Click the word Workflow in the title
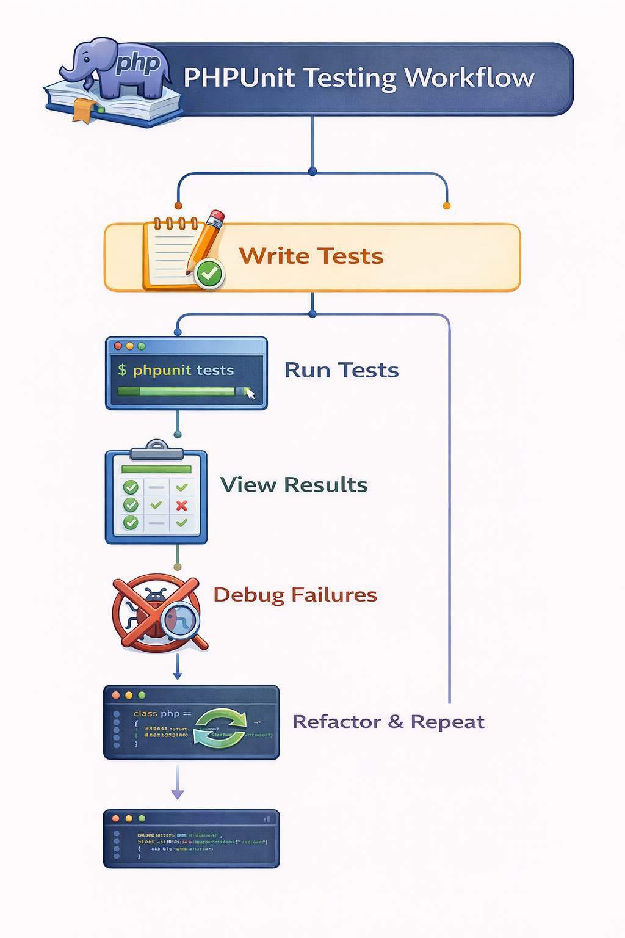(x=469, y=78)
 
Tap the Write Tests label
(x=311, y=256)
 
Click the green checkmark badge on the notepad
(x=210, y=274)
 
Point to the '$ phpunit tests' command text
(x=176, y=370)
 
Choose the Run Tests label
(x=341, y=370)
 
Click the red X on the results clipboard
(x=181, y=505)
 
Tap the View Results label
(x=294, y=485)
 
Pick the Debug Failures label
(x=295, y=595)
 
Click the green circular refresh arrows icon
(x=220, y=727)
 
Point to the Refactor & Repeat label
(x=388, y=722)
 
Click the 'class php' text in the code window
(x=157, y=713)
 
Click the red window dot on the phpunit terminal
(x=118, y=346)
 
